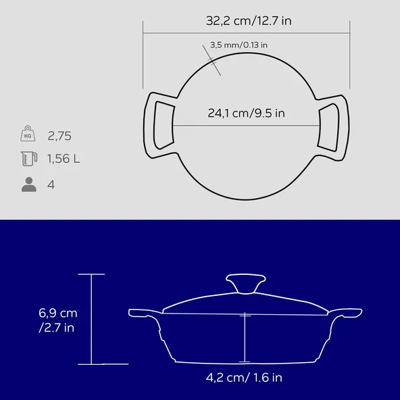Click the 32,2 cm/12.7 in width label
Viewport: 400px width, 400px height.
point(249,21)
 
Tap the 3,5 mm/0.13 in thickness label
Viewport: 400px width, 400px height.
point(239,45)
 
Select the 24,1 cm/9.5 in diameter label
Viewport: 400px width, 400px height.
point(247,113)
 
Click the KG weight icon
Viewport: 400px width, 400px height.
point(28,133)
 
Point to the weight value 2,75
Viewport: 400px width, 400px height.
point(59,136)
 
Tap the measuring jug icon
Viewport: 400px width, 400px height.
point(29,159)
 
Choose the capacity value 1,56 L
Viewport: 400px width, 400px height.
point(64,159)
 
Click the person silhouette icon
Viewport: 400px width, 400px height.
point(29,184)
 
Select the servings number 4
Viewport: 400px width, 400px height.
point(51,184)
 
